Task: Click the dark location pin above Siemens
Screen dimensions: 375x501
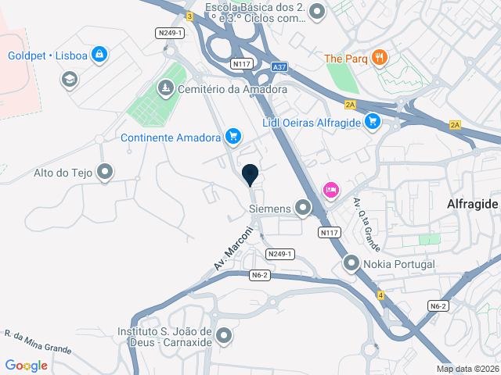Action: click(250, 175)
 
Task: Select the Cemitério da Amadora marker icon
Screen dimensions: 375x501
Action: click(165, 89)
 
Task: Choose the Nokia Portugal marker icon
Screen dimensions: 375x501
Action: click(351, 264)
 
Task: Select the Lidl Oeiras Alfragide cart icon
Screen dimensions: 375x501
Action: click(373, 122)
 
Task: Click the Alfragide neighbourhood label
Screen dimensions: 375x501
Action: click(472, 203)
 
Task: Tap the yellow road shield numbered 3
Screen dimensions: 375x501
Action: click(189, 16)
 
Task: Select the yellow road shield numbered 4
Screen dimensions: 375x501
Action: click(380, 295)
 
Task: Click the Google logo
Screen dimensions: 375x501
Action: click(26, 365)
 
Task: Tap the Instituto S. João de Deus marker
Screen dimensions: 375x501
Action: click(225, 337)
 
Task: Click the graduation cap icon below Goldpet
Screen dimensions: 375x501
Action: click(69, 79)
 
